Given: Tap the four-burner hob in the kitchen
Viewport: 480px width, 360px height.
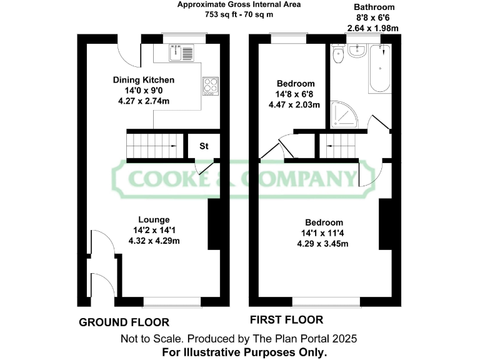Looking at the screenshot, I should tap(209, 85).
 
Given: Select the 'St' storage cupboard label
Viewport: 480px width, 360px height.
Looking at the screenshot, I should tap(204, 147).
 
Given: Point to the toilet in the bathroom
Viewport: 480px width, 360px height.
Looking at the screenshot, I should tap(339, 55).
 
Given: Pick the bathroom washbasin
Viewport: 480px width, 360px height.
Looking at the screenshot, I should tap(358, 51).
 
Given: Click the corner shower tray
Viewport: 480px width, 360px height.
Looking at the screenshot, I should tap(342, 112).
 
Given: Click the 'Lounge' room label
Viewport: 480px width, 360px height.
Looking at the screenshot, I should tap(154, 219).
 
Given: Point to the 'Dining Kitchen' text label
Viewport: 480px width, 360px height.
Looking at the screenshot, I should tap(143, 80).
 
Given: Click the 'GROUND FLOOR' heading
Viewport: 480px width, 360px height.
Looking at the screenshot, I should tap(124, 322).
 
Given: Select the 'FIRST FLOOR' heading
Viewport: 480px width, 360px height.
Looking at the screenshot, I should tap(286, 320).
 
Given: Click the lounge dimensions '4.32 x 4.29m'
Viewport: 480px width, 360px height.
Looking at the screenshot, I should tap(154, 241).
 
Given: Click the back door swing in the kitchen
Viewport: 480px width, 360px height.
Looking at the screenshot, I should tap(129, 55).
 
